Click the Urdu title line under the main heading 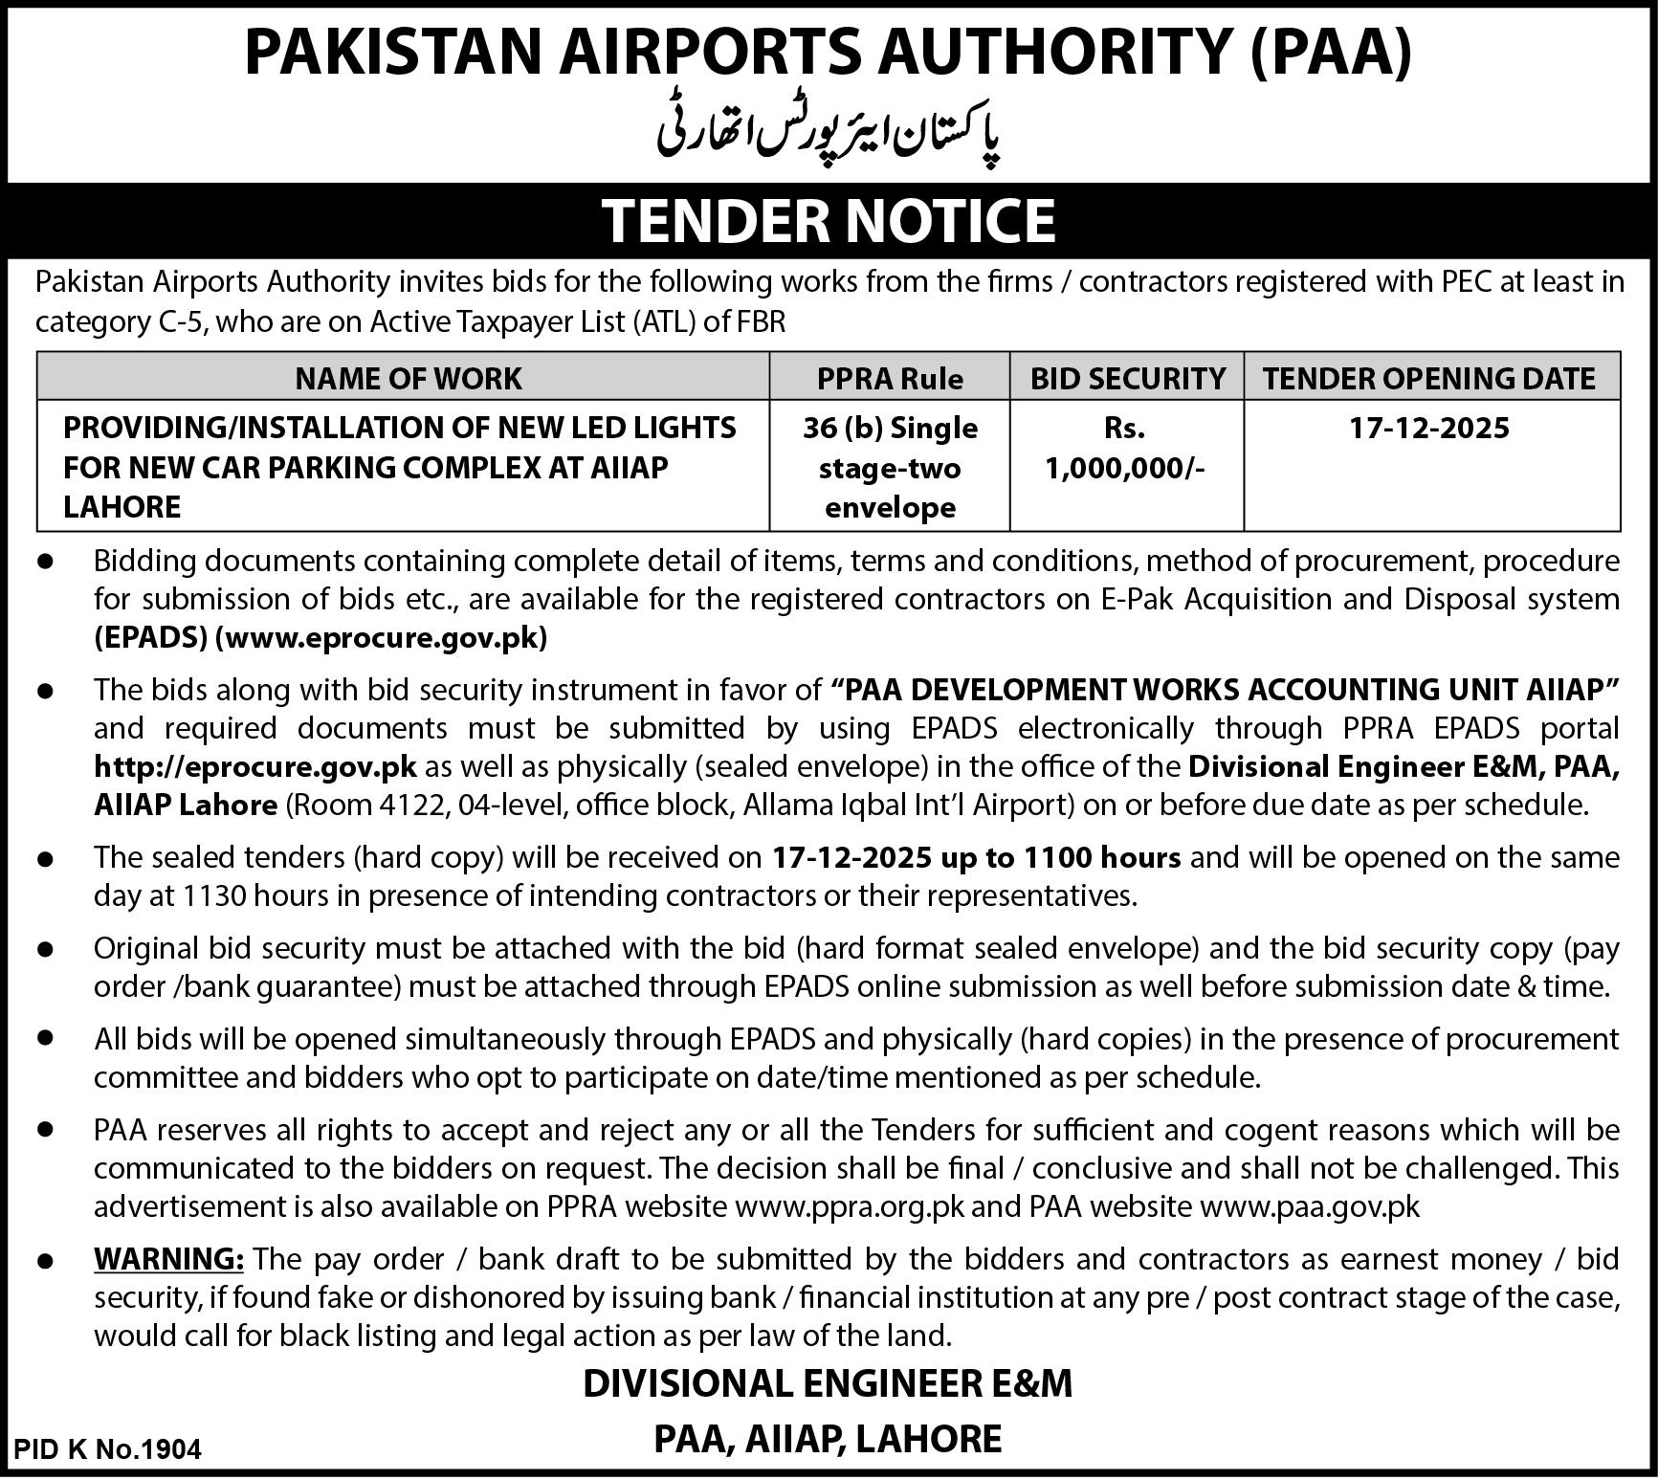coord(829,137)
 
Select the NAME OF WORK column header coord(409,379)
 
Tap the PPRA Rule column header coord(890,379)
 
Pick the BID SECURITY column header coord(1127,379)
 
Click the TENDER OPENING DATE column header coord(1429,379)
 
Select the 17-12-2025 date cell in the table coord(1429,427)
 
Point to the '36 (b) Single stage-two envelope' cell coord(890,467)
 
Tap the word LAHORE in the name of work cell coord(122,507)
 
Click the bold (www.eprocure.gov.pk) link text coord(382,638)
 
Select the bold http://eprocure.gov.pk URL coord(255,766)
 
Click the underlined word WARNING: coord(169,1259)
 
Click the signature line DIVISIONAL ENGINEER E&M coord(829,1383)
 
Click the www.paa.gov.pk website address coord(1310,1206)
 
